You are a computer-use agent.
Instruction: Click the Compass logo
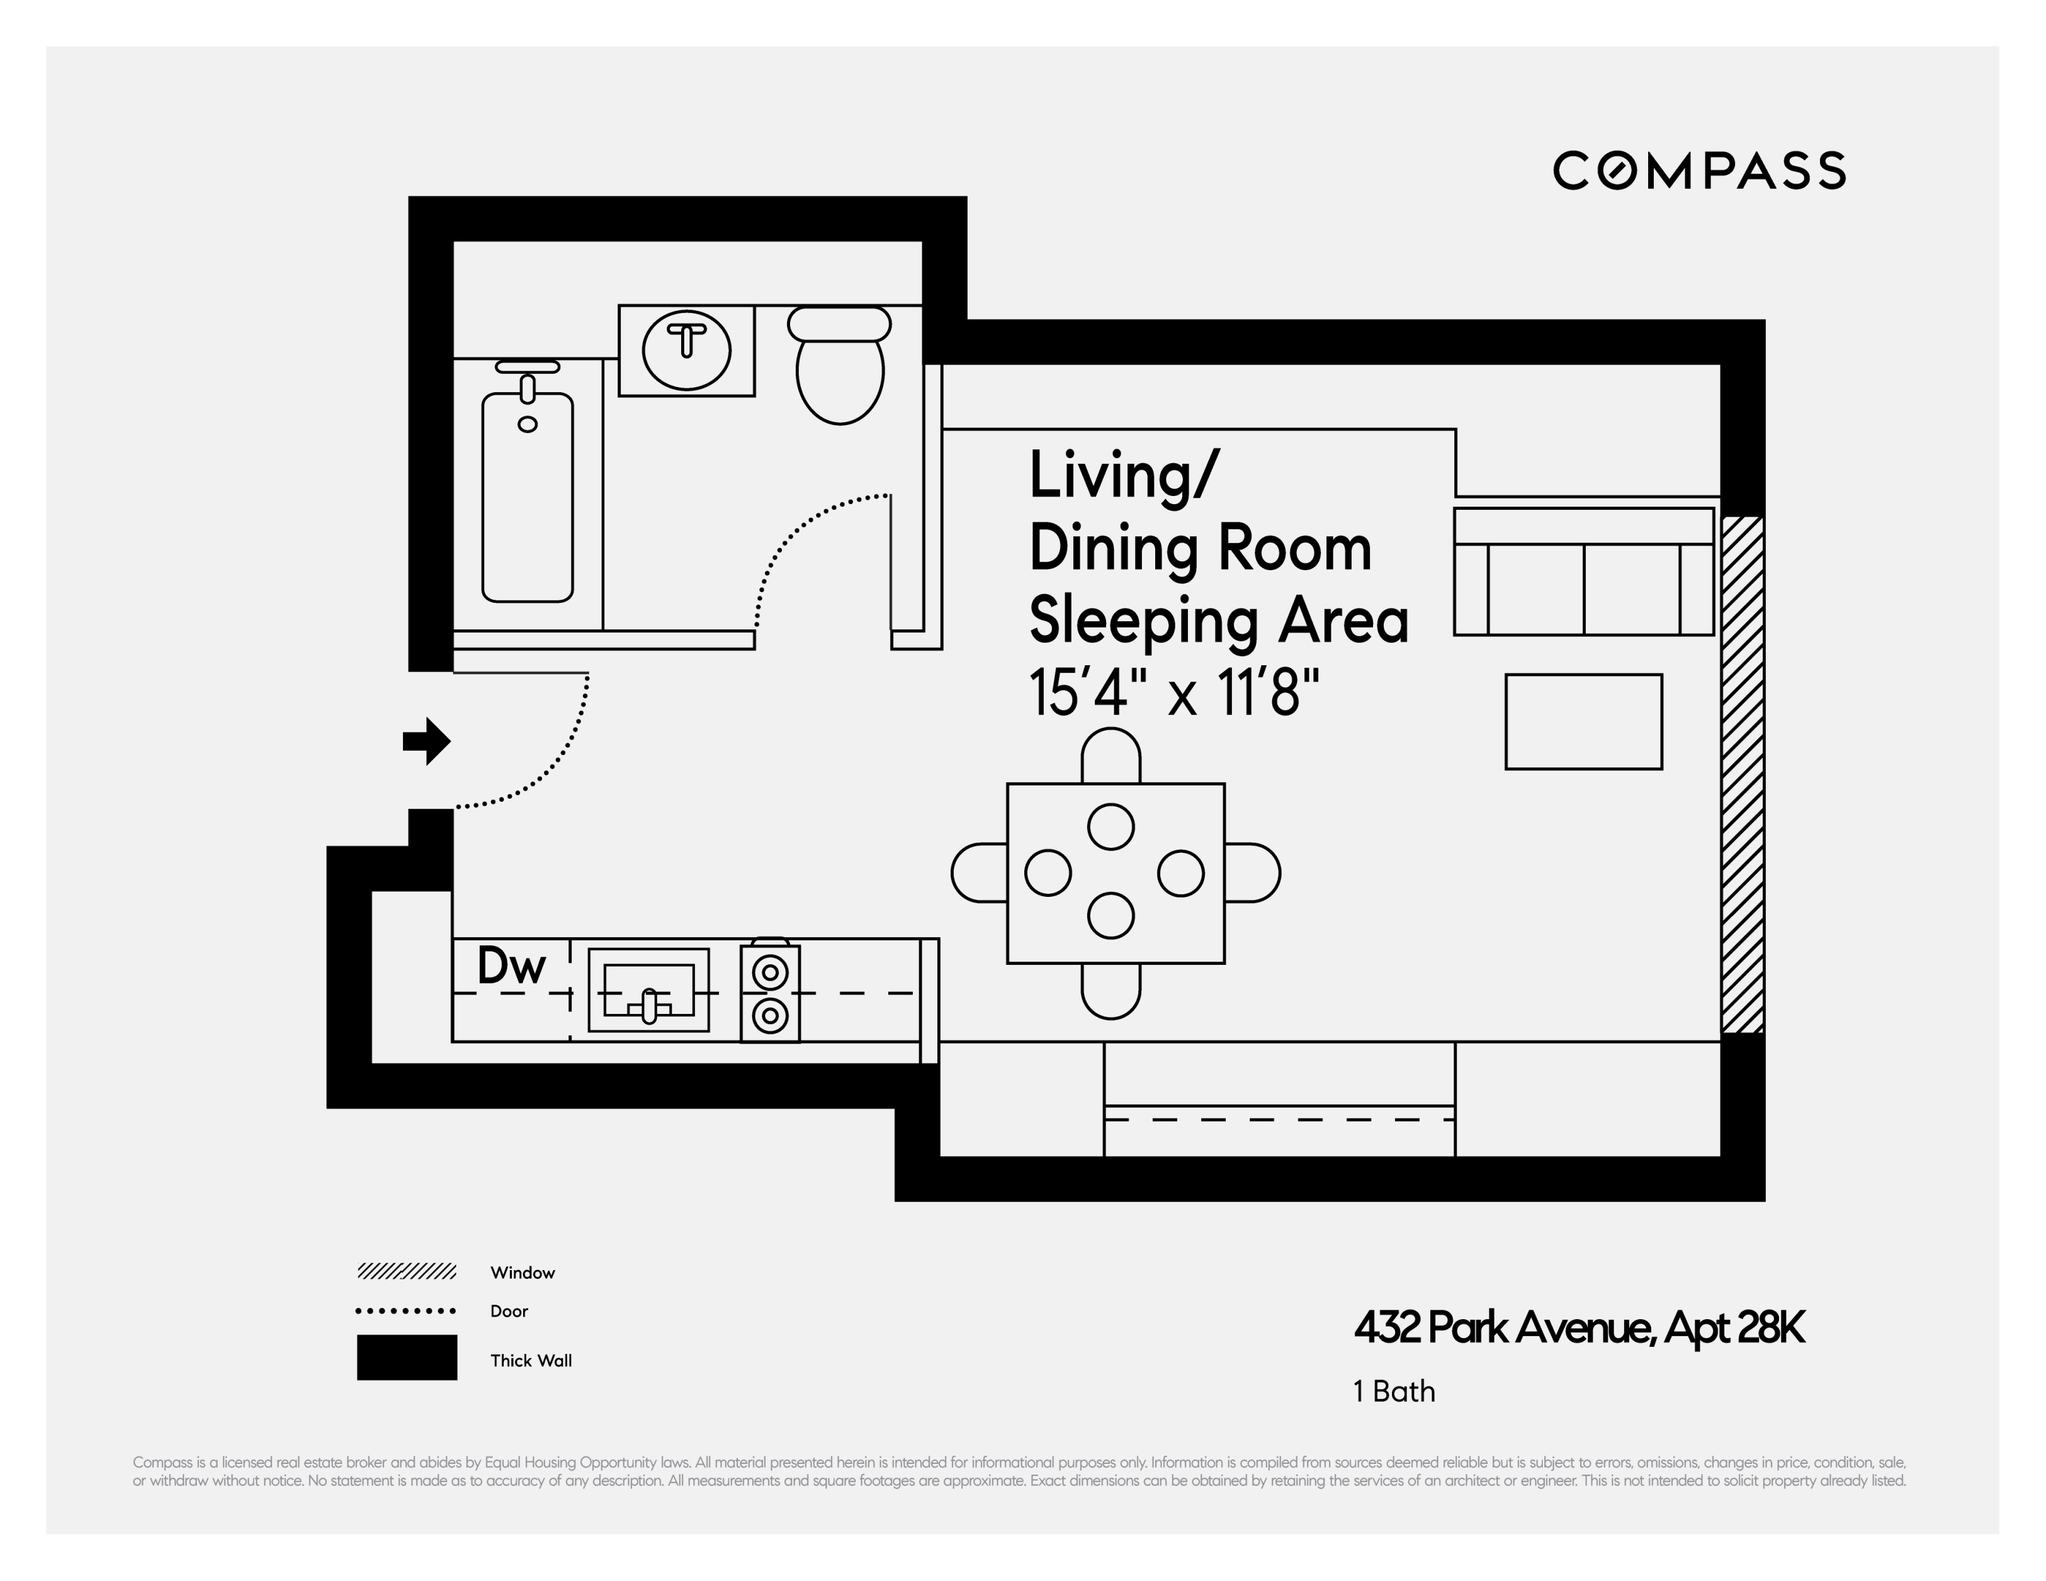click(x=1698, y=171)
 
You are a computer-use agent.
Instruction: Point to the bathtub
click(x=528, y=497)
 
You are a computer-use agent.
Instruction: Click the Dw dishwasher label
click(x=511, y=965)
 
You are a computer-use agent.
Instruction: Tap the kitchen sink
click(x=648, y=990)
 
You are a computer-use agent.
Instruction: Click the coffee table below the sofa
click(x=1583, y=722)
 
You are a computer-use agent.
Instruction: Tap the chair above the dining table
click(x=1111, y=756)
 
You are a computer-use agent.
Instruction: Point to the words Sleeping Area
click(x=1218, y=621)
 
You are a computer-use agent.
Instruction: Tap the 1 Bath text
click(x=1394, y=1392)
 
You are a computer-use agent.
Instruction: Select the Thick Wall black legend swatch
click(x=407, y=1357)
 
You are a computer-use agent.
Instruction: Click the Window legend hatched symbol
click(x=407, y=1271)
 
